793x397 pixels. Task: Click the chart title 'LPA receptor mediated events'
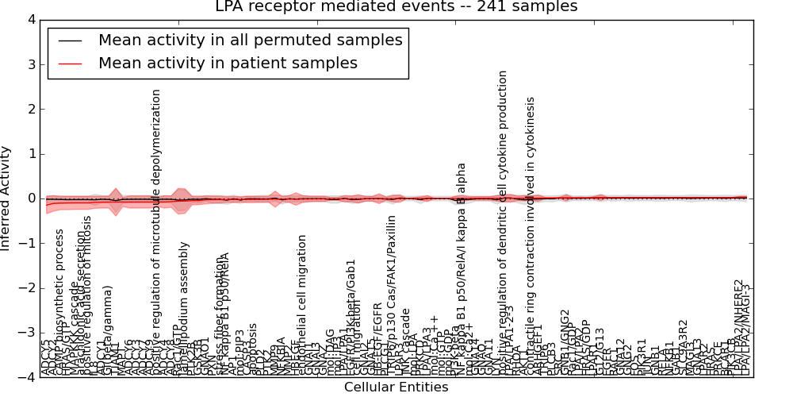coord(396,7)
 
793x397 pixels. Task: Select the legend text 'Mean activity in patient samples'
coord(228,64)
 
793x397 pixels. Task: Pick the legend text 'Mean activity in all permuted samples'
coord(250,40)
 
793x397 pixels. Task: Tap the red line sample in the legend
coord(70,64)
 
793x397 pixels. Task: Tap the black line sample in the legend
coord(70,40)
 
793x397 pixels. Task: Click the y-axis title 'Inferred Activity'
coord(6,198)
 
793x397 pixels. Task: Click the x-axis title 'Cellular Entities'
coord(396,387)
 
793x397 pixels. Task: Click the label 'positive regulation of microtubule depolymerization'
coord(156,230)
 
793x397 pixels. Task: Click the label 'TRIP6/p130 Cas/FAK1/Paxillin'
coord(392,294)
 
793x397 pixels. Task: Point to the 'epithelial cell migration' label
coord(302,302)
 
